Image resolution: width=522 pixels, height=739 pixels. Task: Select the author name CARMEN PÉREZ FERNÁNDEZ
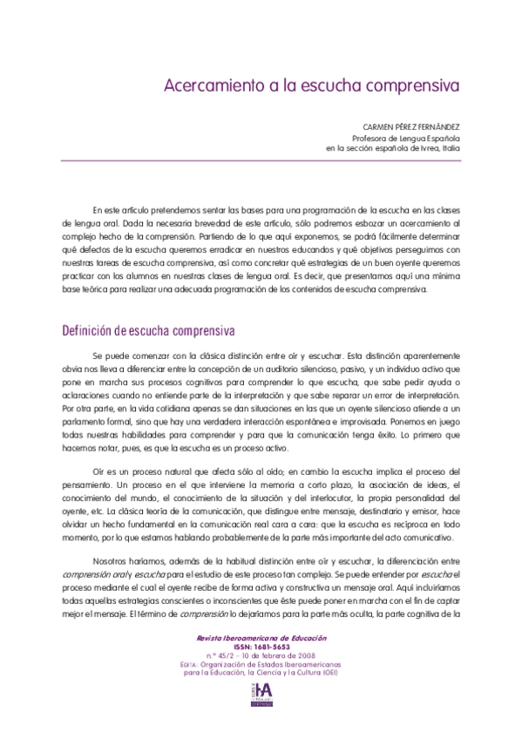coord(412,126)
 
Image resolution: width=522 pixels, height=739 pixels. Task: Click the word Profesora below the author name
coord(372,138)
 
